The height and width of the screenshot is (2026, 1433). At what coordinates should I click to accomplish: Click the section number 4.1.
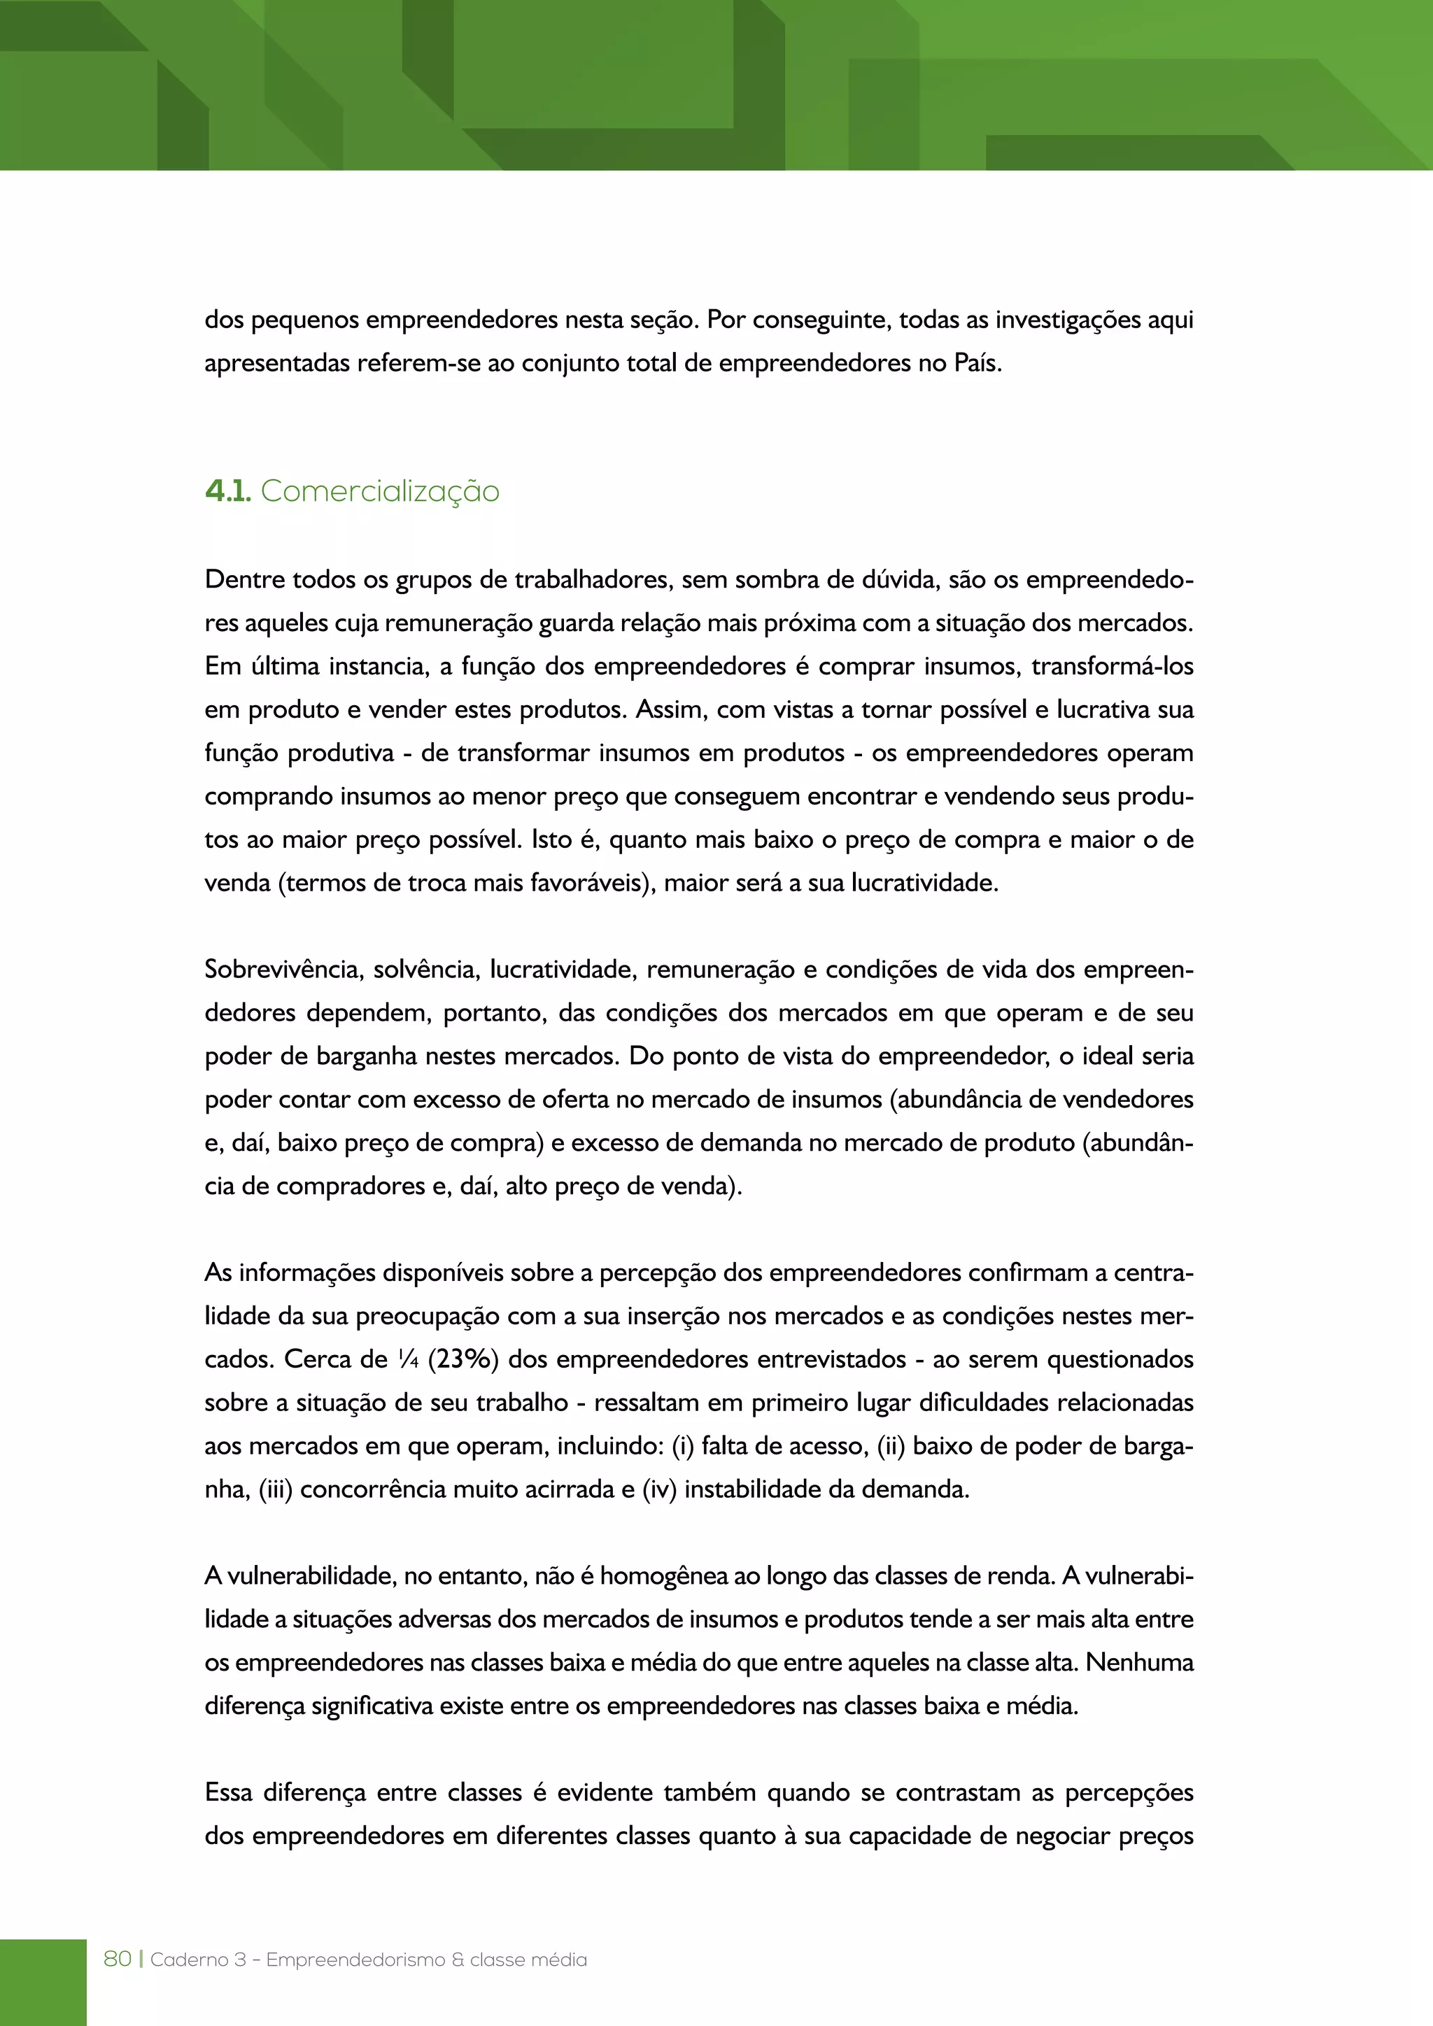pyautogui.click(x=227, y=492)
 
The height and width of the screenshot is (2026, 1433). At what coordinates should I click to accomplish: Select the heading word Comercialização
pyautogui.click(x=379, y=492)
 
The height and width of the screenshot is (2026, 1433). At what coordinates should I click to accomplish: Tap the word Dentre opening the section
pyautogui.click(x=244, y=580)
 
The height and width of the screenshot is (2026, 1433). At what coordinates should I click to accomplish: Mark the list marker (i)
pyautogui.click(x=682, y=1445)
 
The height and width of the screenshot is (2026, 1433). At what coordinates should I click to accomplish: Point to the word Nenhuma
pyautogui.click(x=1139, y=1662)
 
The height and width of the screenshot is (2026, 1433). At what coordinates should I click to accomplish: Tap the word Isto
pyautogui.click(x=551, y=840)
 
